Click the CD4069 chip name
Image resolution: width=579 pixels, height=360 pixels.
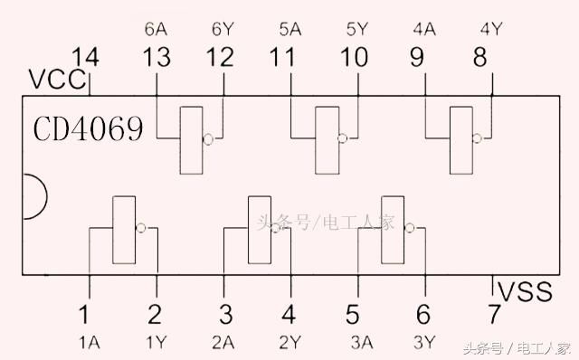pyautogui.click(x=88, y=128)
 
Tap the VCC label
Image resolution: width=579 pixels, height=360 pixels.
pyautogui.click(x=57, y=80)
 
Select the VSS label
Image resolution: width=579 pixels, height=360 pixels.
pyautogui.click(x=525, y=291)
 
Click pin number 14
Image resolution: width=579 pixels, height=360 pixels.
pyautogui.click(x=85, y=57)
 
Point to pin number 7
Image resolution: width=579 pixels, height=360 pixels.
pyautogui.click(x=494, y=314)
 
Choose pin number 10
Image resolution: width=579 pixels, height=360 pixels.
pyautogui.click(x=354, y=57)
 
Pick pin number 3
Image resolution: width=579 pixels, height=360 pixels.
pyautogui.click(x=225, y=314)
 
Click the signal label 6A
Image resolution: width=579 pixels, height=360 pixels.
pyautogui.click(x=156, y=29)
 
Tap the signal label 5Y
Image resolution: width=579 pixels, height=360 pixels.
pyautogui.click(x=357, y=29)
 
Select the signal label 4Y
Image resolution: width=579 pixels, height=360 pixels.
pyautogui.click(x=491, y=29)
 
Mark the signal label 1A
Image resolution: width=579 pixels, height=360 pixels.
pyautogui.click(x=90, y=343)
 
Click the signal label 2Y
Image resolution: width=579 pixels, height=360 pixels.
pyautogui.click(x=290, y=343)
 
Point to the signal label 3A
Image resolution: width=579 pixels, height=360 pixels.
pyautogui.click(x=362, y=343)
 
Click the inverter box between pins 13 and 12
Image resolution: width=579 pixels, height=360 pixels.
pyautogui.click(x=191, y=140)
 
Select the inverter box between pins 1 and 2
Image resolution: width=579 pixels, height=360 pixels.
pyautogui.click(x=124, y=230)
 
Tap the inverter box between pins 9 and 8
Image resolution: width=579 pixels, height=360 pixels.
pyautogui.click(x=461, y=140)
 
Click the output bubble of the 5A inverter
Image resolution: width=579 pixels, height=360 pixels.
pyautogui.click(x=343, y=138)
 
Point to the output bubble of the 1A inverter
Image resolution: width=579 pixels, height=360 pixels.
pyautogui.click(x=141, y=228)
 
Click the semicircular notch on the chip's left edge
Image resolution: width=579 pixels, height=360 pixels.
pyautogui.click(x=46, y=196)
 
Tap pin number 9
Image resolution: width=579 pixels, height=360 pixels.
pyautogui.click(x=417, y=57)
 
